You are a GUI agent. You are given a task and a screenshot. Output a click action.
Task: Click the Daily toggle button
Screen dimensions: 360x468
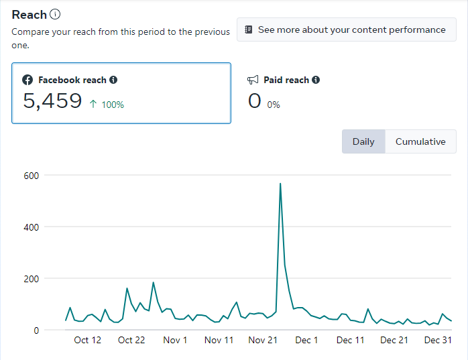363,141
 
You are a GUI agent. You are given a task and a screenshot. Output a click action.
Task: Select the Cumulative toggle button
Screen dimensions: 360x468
420,141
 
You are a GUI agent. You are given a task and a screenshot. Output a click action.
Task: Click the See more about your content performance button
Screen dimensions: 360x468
346,30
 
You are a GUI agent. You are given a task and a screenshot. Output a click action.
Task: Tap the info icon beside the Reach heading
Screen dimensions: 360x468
55,15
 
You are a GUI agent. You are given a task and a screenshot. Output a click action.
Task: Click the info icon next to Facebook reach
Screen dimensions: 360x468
113,80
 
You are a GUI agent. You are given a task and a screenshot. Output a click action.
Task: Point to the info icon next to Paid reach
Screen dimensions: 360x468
316,80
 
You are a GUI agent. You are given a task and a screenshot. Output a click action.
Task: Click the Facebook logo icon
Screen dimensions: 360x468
27,80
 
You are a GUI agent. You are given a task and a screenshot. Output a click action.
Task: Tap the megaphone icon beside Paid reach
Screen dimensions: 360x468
253,80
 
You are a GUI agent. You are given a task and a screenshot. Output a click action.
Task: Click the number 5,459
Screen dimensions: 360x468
52,101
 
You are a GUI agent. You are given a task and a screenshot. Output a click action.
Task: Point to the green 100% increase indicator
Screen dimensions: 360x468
107,105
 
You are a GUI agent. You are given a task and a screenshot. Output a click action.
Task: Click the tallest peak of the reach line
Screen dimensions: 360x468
280,184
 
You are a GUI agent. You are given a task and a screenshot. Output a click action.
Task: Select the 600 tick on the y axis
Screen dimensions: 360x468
32,176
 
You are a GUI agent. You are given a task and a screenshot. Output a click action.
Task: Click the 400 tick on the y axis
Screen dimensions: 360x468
32,227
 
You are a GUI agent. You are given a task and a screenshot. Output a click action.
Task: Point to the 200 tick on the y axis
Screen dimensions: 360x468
32,279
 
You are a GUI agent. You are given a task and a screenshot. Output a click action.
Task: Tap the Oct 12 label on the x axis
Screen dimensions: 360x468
88,341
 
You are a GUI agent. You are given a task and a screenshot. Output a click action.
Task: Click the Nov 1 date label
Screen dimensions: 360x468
175,341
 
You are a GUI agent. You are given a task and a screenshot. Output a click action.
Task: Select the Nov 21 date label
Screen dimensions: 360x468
263,341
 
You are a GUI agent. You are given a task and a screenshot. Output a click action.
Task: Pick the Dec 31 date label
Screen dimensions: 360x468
438,341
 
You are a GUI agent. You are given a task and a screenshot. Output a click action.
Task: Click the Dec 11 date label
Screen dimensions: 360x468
350,341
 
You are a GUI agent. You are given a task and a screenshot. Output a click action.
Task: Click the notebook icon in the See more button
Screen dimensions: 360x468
249,30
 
